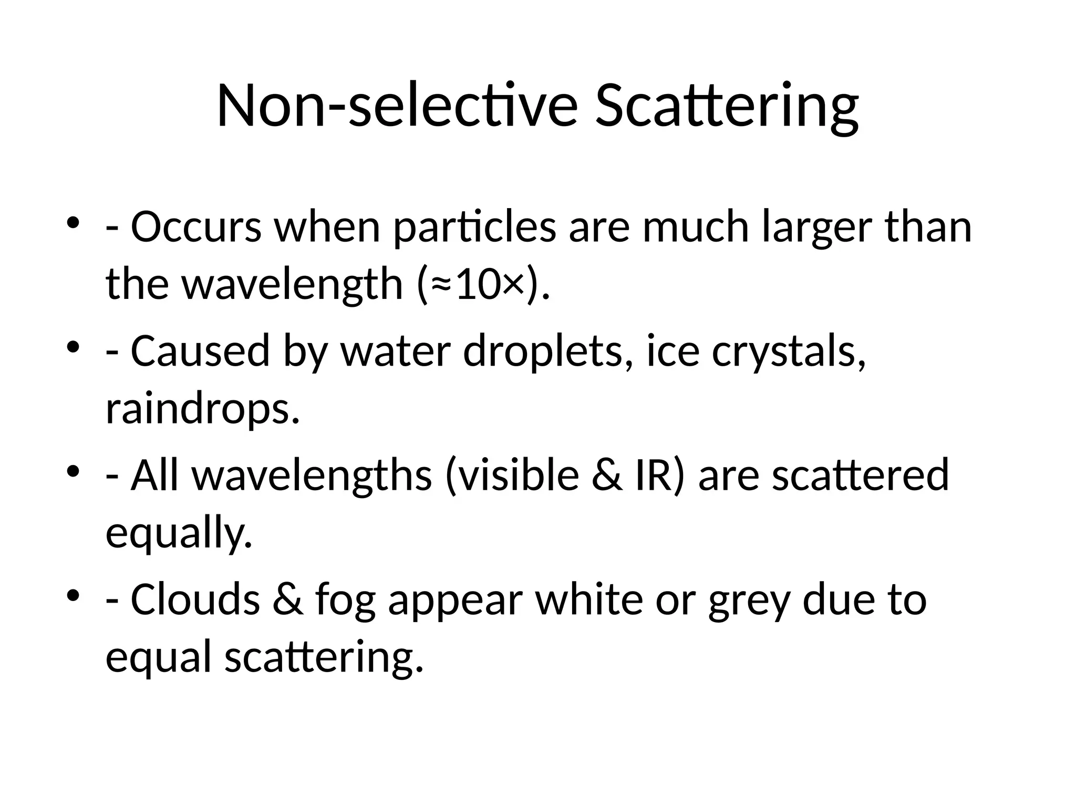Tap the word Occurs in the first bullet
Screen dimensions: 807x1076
(196, 227)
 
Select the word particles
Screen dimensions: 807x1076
(474, 227)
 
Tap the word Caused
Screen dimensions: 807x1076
(200, 351)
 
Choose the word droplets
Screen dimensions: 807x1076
(547, 351)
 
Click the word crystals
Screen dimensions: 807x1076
(789, 351)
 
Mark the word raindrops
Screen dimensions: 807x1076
(203, 409)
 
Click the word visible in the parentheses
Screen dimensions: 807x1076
(512, 475)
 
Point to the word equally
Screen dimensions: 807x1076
(179, 533)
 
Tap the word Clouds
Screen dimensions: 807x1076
(195, 599)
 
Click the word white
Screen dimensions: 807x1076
(589, 599)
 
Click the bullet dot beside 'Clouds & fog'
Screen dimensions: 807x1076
(73, 594)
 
